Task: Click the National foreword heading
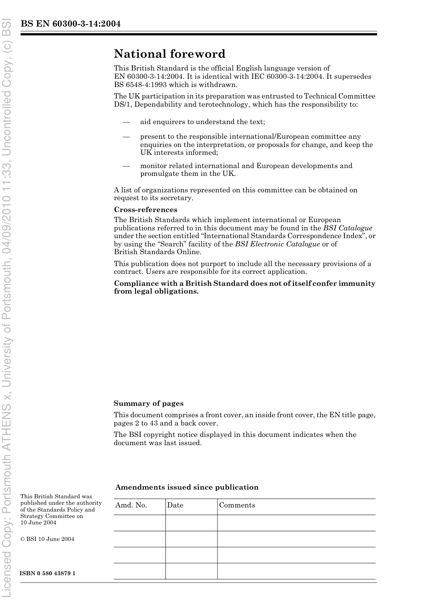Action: [169, 54]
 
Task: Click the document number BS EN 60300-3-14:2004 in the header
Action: [71, 24]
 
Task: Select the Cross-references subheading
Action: [146, 210]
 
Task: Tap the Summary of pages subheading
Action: [148, 403]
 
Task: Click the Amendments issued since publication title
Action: [187, 487]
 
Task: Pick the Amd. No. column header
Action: [131, 505]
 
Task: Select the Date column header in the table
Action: [175, 505]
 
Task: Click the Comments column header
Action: [237, 505]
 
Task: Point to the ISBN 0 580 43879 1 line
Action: [48, 573]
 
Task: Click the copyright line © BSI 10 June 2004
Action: [47, 539]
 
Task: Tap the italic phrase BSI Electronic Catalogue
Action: [277, 244]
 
